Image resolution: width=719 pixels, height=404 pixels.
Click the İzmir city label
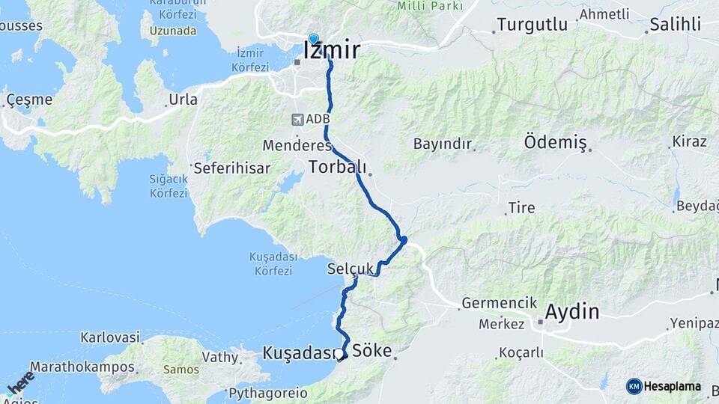332,50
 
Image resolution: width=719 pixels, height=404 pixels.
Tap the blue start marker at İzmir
313,40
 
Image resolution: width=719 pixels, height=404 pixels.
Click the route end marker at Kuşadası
341,355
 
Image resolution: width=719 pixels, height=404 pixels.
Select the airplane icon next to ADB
297,119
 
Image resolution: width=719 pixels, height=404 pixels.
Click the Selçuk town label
351,269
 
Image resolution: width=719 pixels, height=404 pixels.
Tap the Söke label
372,349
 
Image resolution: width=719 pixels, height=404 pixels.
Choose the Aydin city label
573,311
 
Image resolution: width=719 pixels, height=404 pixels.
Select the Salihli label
676,24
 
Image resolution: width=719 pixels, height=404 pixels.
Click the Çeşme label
29,100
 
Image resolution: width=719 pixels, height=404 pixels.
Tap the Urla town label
183,100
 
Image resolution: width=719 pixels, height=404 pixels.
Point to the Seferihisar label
231,168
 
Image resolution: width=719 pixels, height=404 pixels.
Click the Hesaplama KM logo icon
634,386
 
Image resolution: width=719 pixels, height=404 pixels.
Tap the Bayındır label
443,143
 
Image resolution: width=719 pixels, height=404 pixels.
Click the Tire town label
521,207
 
